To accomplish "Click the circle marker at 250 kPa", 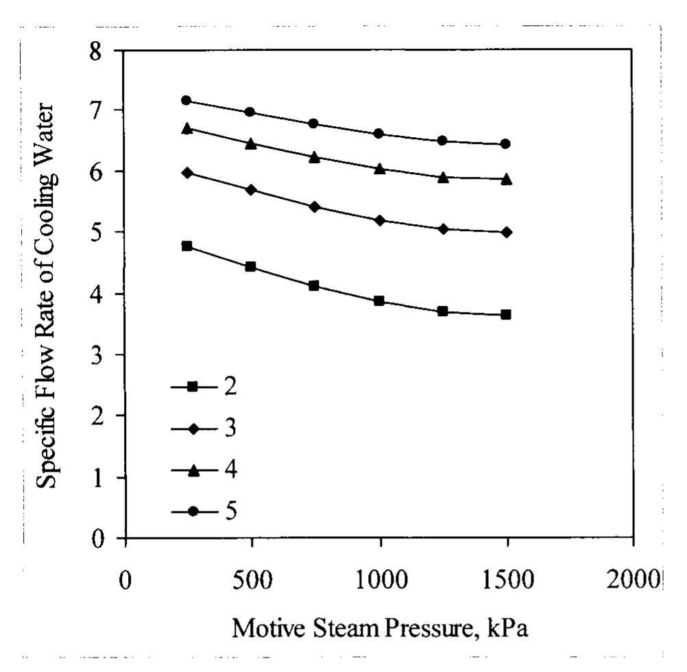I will point(186,100).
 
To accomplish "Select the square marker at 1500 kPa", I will point(505,315).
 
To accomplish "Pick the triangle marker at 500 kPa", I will point(250,143).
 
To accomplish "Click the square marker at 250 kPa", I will point(186,245).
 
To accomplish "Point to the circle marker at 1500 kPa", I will point(505,144).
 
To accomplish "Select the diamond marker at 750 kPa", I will point(314,206).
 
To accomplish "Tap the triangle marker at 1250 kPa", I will point(442,177).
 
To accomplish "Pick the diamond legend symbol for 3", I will point(193,429).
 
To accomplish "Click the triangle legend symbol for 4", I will point(193,470).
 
